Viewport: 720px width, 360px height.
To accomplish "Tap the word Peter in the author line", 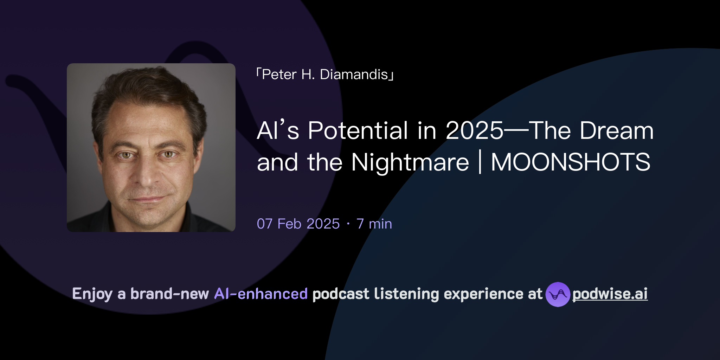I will (x=279, y=75).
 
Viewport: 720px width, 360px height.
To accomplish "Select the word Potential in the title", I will (x=358, y=131).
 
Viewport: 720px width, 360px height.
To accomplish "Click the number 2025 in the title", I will (x=474, y=131).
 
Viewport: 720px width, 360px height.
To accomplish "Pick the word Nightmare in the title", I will (x=410, y=162).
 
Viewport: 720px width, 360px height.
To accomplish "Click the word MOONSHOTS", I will (x=570, y=162).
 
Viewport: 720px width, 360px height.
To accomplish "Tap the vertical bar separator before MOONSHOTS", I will (x=480, y=162).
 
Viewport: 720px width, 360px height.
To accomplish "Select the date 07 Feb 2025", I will (x=298, y=224).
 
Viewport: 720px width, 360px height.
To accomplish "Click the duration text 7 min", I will (x=374, y=224).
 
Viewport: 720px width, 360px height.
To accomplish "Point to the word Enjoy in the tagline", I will (x=92, y=294).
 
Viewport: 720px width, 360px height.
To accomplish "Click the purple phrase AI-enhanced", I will (x=261, y=294).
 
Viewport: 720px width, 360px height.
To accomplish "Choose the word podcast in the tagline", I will (x=341, y=294).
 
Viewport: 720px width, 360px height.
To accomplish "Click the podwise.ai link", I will (x=610, y=294).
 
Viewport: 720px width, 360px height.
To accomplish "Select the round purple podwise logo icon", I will (x=558, y=294).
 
